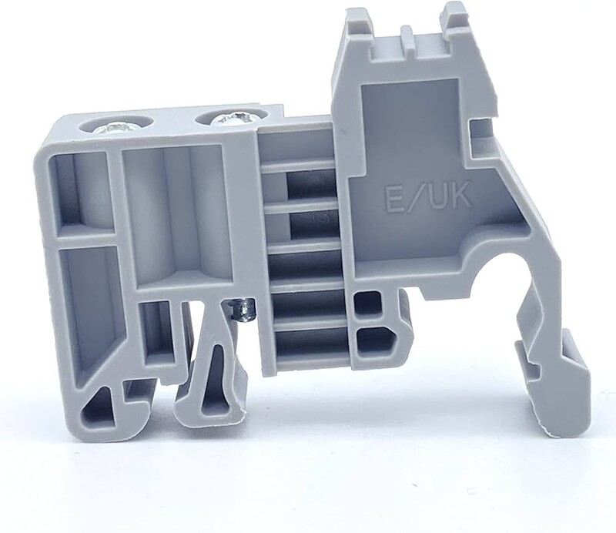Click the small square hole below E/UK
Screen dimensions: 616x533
(367, 303)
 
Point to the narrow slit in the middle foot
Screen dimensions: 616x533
(214, 377)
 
